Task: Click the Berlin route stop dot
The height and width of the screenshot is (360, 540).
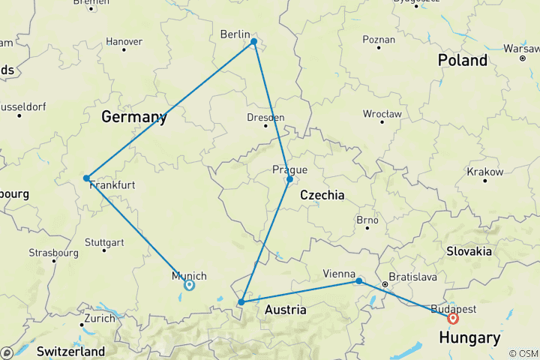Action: (x=253, y=42)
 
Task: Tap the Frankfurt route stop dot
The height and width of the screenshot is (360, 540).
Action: (x=87, y=178)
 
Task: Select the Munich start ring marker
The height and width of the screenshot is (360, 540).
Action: (x=189, y=285)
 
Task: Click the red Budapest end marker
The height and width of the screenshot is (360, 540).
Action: (x=453, y=318)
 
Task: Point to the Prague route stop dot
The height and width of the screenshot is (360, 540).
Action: (x=289, y=179)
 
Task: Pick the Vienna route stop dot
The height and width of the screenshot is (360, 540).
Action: (x=359, y=280)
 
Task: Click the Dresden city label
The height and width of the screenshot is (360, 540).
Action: (x=265, y=118)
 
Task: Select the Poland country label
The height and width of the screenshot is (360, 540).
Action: (x=463, y=60)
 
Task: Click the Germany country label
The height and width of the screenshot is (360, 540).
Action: (x=133, y=118)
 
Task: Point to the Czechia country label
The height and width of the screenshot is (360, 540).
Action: (x=322, y=195)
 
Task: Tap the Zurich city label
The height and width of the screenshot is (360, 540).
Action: (x=100, y=318)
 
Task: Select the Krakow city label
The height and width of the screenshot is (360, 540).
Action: (x=484, y=172)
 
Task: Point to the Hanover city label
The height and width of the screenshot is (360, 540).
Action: (x=124, y=41)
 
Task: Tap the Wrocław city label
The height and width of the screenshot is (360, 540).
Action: (x=381, y=114)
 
